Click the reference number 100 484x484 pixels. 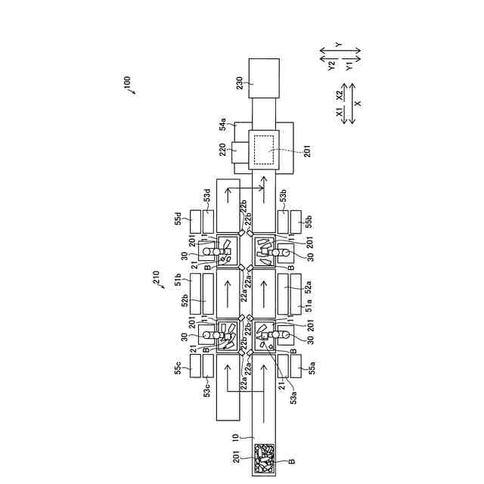click(126, 81)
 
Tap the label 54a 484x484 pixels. click(224, 125)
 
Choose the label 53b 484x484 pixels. click(283, 199)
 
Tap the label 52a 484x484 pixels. click(308, 284)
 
